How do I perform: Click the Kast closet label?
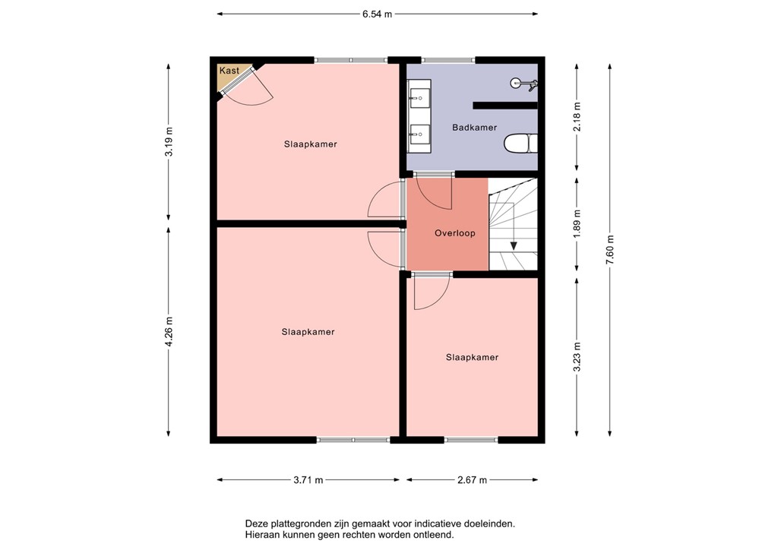click(229, 71)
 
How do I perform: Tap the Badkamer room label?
click(474, 128)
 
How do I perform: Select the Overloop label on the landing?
click(454, 233)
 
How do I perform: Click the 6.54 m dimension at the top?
click(377, 14)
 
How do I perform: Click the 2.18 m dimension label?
click(577, 117)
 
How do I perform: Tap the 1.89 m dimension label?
click(577, 223)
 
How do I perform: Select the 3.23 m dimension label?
click(577, 357)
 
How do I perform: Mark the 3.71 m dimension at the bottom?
click(308, 480)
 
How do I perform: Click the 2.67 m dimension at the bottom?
click(472, 480)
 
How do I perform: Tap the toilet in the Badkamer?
click(523, 142)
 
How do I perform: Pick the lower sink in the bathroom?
click(418, 134)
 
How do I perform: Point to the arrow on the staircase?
click(514, 245)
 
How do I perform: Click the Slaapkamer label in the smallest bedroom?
click(472, 357)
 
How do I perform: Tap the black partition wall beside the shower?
click(504, 105)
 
